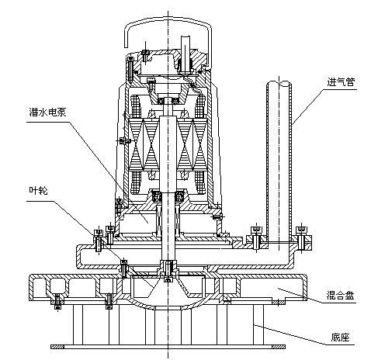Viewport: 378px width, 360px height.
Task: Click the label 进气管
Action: [341, 82]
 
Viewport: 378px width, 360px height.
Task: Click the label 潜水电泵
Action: [48, 112]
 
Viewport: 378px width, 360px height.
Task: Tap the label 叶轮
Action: [39, 191]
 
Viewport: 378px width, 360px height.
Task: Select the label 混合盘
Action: [340, 295]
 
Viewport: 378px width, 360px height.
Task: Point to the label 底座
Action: [340, 337]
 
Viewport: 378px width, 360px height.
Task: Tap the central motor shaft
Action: [168, 181]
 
